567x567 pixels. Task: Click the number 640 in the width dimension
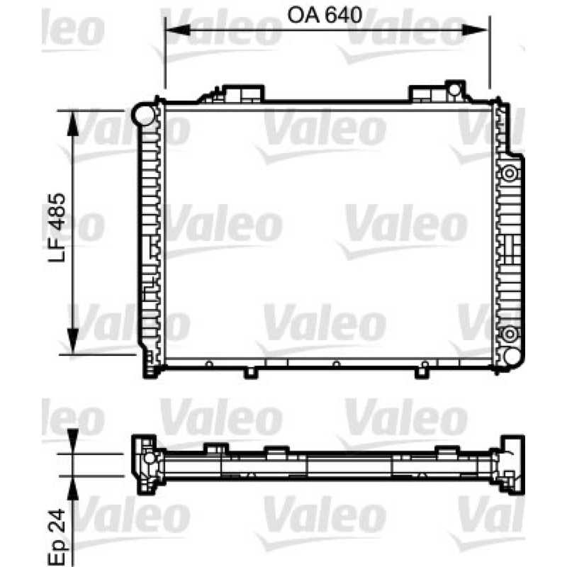coord(343,15)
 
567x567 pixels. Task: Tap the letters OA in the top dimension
coord(303,15)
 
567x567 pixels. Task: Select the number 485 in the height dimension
coord(57,212)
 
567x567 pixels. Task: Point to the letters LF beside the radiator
coord(57,249)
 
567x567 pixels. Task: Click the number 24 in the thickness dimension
coord(57,521)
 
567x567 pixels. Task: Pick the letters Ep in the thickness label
coord(57,552)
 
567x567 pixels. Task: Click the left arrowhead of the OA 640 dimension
coord(178,30)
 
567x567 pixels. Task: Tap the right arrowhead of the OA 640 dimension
coord(476,30)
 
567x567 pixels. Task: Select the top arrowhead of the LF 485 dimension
coord(73,123)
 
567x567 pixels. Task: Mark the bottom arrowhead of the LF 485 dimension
coord(73,341)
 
